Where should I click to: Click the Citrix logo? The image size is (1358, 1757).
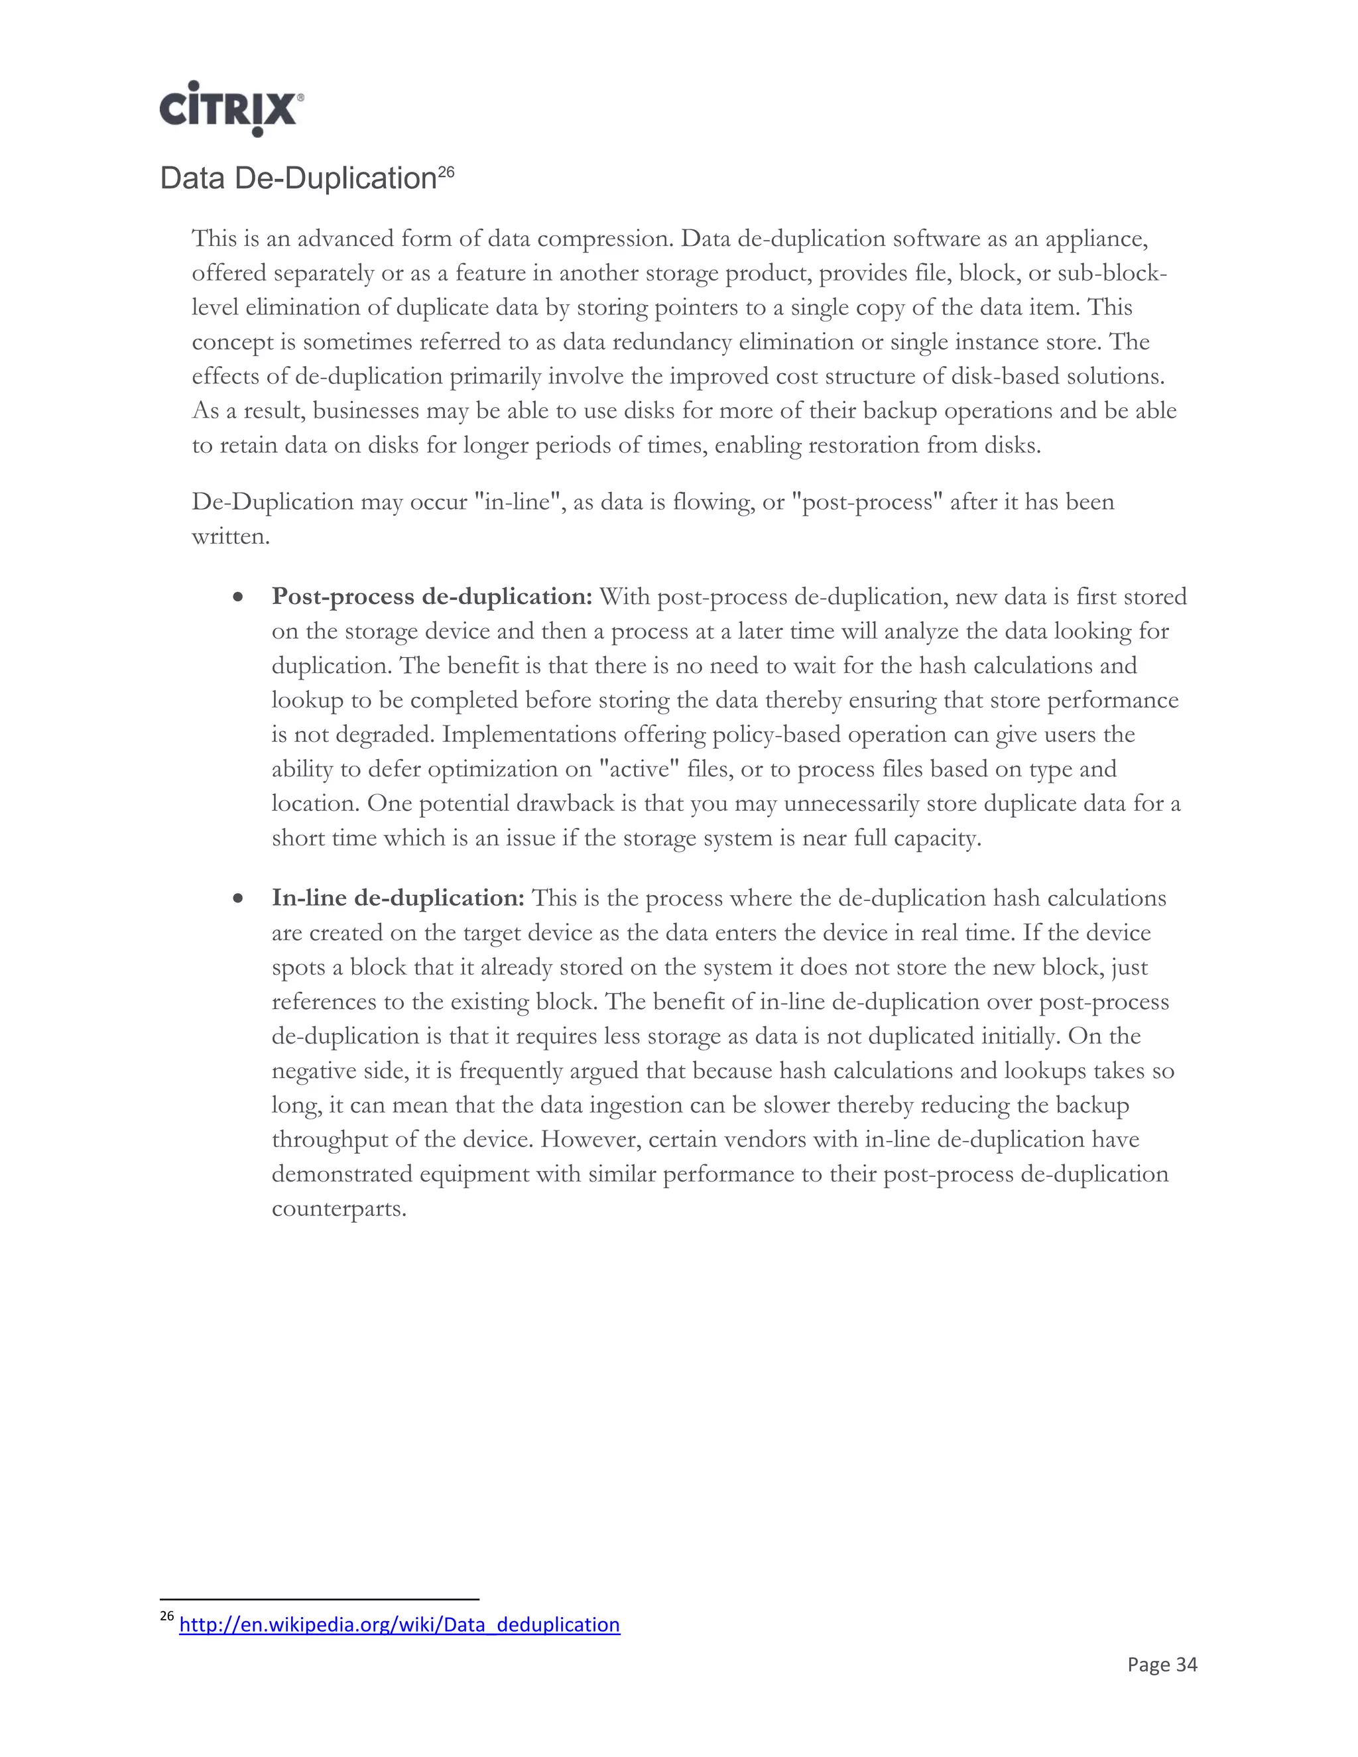[x=231, y=109]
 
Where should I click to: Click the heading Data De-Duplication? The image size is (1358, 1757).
[x=298, y=178]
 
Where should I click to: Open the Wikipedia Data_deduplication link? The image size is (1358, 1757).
[x=399, y=1624]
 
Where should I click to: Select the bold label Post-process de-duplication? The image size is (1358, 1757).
[x=431, y=596]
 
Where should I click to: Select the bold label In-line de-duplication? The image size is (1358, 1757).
[x=397, y=898]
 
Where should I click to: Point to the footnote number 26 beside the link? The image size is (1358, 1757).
[x=166, y=1617]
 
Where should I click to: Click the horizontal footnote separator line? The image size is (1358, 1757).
[x=320, y=1599]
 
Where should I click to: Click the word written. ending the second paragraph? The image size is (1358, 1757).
[x=230, y=536]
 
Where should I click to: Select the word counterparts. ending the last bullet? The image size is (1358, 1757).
[x=339, y=1208]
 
